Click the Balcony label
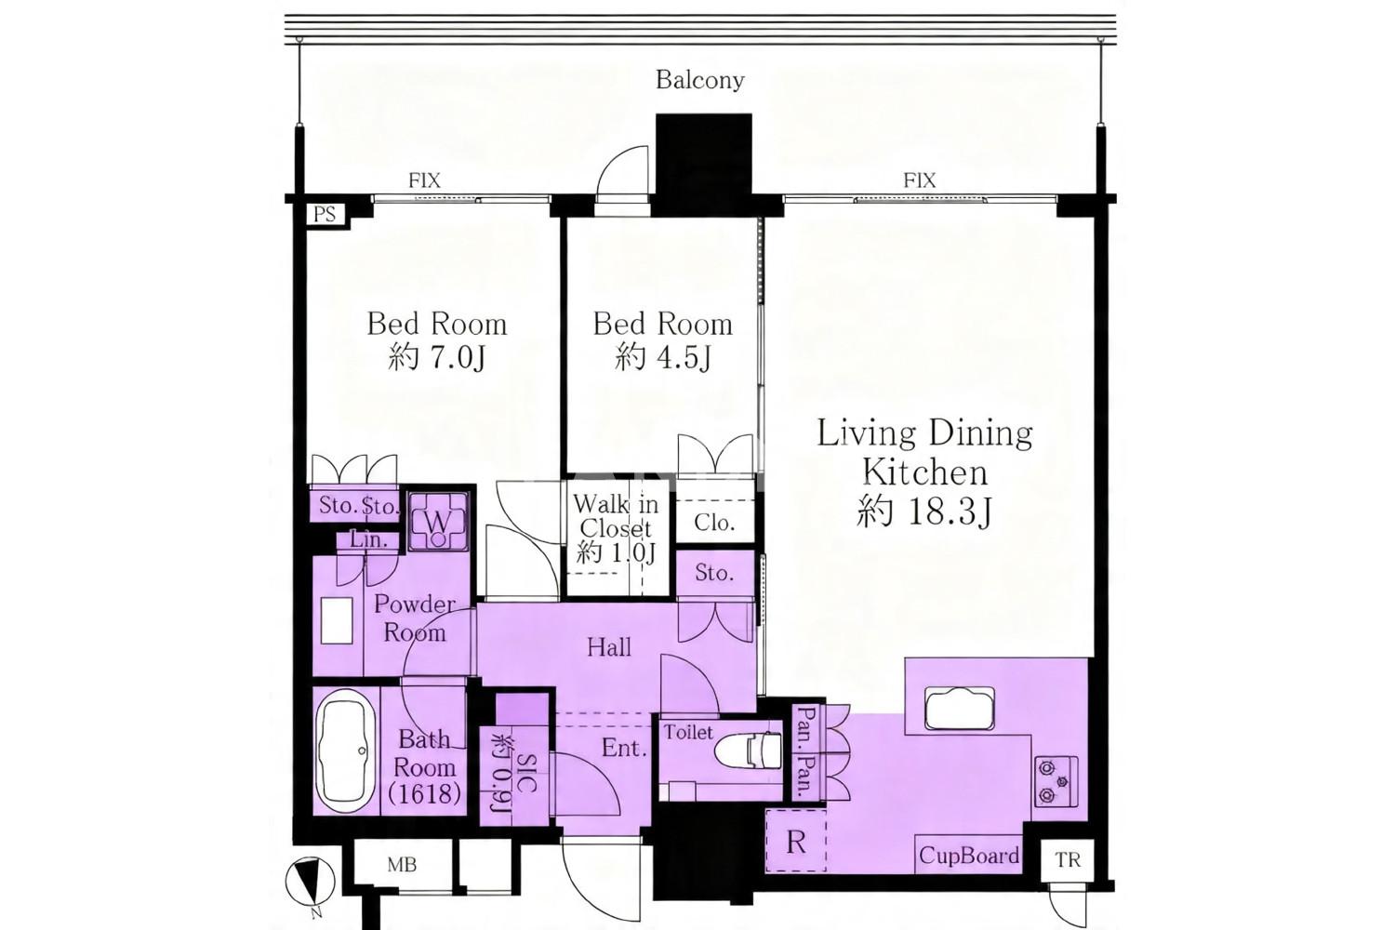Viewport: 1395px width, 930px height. coord(700,80)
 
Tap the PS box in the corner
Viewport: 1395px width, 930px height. coord(325,214)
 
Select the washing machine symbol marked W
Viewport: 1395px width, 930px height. coord(438,522)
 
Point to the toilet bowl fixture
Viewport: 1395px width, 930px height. coord(748,751)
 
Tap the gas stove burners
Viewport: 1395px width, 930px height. coord(1056,781)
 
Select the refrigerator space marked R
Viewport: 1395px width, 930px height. coord(796,841)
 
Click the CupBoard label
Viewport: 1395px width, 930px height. coord(969,856)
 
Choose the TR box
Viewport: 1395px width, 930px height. coord(1068,860)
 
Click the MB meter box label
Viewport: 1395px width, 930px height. coord(402,865)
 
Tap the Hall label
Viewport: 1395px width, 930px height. coord(609,648)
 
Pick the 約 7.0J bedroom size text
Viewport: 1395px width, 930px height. coord(436,358)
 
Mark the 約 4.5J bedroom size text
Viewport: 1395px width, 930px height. coord(662,358)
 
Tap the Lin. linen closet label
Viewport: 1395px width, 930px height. coord(368,540)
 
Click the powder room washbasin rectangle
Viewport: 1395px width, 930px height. coord(337,621)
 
